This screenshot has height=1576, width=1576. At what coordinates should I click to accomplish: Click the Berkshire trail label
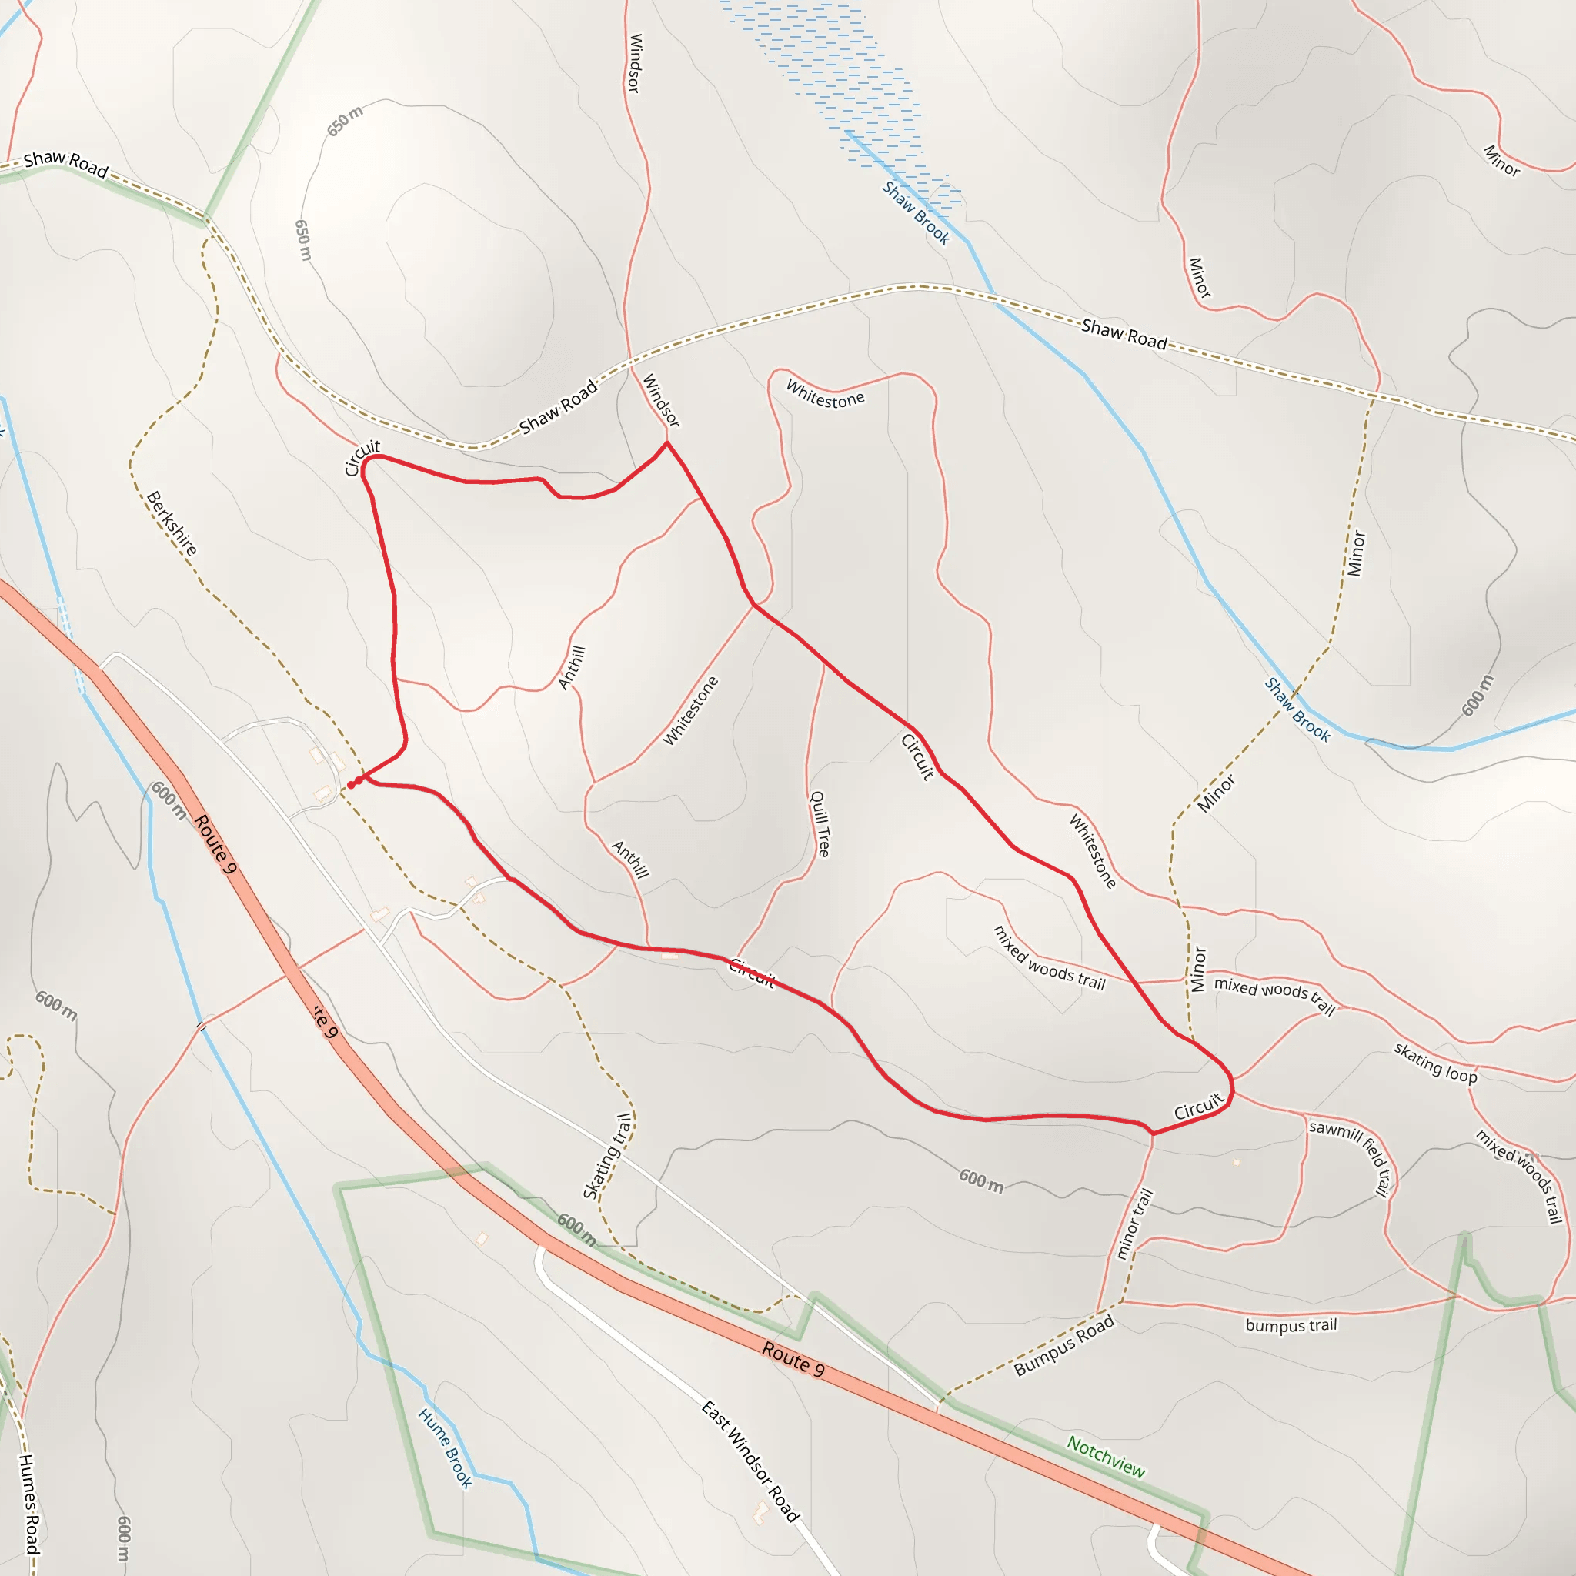pyautogui.click(x=172, y=524)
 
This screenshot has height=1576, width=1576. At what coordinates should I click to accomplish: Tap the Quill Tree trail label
pyautogui.click(x=819, y=823)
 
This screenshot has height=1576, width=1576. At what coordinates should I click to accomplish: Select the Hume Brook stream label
pyautogui.click(x=446, y=1448)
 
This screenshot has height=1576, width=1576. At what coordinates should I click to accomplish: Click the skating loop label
pyautogui.click(x=1435, y=1063)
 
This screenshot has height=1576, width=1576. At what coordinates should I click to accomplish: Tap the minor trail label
pyautogui.click(x=1134, y=1223)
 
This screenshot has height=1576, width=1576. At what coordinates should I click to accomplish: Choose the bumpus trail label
pyautogui.click(x=1291, y=1325)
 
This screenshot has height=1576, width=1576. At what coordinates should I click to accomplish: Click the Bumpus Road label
pyautogui.click(x=1063, y=1346)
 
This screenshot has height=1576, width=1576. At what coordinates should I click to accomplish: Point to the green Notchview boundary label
pyautogui.click(x=1105, y=1457)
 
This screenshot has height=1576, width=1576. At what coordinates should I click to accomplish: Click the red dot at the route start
pyautogui.click(x=352, y=785)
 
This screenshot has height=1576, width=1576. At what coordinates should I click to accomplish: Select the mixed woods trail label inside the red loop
pyautogui.click(x=1048, y=959)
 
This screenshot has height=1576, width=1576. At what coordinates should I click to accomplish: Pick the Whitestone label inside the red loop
pyautogui.click(x=690, y=710)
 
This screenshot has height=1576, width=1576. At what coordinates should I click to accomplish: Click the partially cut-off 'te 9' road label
pyautogui.click(x=325, y=1021)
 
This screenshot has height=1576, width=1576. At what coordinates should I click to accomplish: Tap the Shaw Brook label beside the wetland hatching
pyautogui.click(x=915, y=213)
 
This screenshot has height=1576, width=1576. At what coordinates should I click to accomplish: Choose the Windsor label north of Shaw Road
pyautogui.click(x=635, y=63)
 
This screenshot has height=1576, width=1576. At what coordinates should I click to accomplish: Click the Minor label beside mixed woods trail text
pyautogui.click(x=1197, y=969)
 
